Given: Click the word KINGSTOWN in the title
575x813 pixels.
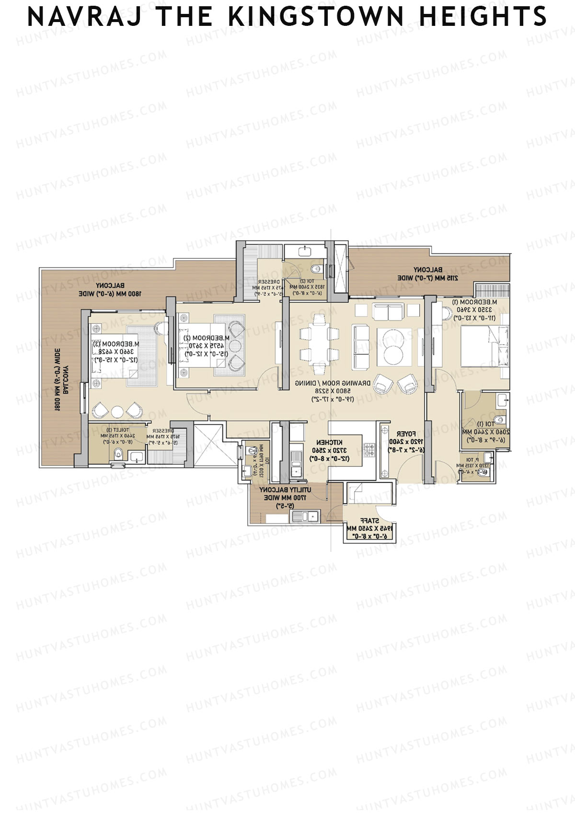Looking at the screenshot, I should [316, 17].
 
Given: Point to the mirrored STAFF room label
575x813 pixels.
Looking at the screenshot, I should [370, 520].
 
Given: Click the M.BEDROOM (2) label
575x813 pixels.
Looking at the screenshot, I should [207, 338].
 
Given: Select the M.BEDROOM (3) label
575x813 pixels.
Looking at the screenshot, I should [116, 344].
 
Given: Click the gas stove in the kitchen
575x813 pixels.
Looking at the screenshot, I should [369, 450].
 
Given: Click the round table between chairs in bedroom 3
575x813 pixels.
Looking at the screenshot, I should [117, 411].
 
